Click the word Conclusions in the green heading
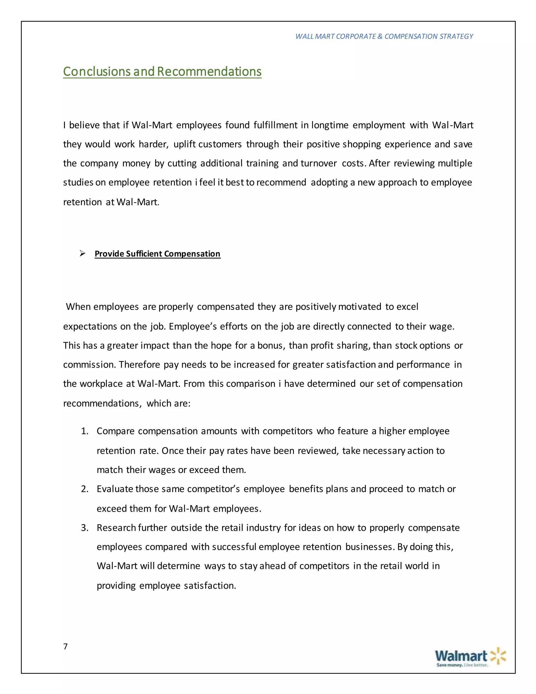97,71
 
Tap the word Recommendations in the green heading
209,71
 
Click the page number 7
65,646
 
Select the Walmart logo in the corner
470,657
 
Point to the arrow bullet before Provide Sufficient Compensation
82,254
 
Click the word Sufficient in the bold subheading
144,254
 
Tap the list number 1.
85,431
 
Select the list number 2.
85,489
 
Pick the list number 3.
85,528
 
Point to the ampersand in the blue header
380,37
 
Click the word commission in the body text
89,365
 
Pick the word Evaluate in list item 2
115,489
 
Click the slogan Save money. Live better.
462,665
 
